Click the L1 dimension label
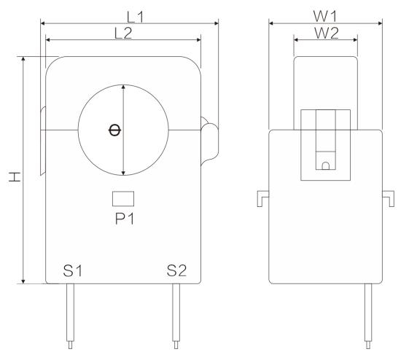(x=135, y=17)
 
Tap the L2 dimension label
(x=123, y=34)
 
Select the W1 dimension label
(x=325, y=16)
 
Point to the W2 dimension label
(x=327, y=33)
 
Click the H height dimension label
(x=15, y=176)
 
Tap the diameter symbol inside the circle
(x=114, y=130)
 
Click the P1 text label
(x=125, y=219)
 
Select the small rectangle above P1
(x=123, y=199)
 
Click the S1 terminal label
(x=72, y=270)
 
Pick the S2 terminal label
(x=176, y=270)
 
